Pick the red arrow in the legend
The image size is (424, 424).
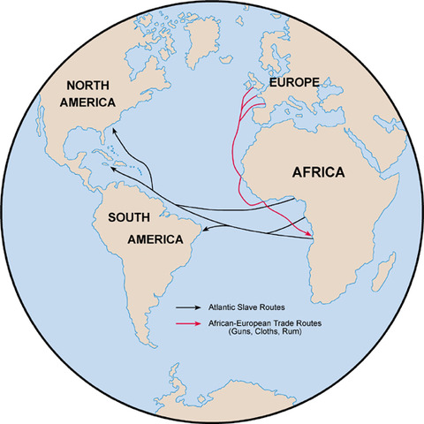185,324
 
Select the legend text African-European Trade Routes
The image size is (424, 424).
260,324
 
